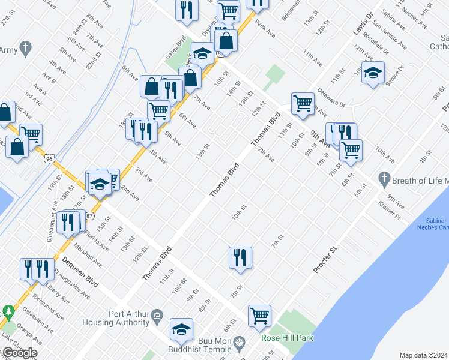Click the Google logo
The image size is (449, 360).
(x=20, y=353)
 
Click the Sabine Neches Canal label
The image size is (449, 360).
(x=433, y=224)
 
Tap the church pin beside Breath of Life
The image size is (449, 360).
(x=385, y=179)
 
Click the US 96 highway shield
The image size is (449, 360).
(x=48, y=157)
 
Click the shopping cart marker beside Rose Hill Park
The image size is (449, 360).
(x=259, y=315)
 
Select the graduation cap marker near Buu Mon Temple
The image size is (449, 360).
(x=181, y=329)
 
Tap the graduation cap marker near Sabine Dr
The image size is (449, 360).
(x=373, y=73)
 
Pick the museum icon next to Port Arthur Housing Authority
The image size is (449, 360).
(x=157, y=315)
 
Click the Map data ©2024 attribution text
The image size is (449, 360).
(x=424, y=355)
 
